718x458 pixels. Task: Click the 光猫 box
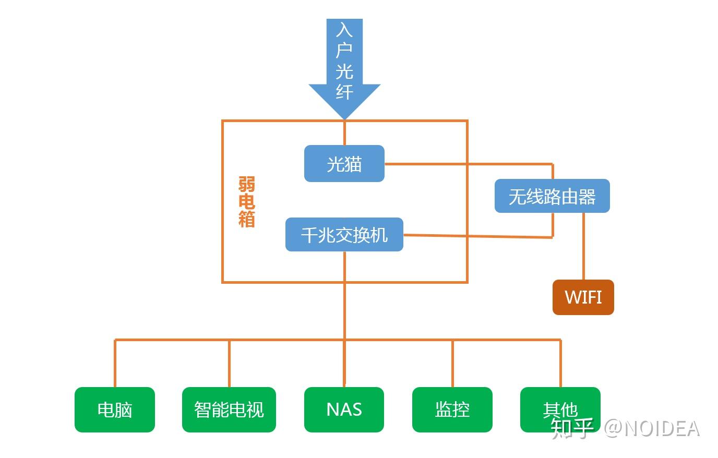(x=344, y=164)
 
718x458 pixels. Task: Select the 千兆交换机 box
(x=344, y=235)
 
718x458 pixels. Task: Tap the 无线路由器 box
(x=552, y=196)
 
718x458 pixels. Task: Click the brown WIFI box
(x=583, y=297)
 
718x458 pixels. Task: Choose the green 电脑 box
(x=114, y=409)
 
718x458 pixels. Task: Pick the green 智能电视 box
(x=229, y=409)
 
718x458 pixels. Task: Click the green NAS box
(x=344, y=409)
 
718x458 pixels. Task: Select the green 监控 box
(x=452, y=409)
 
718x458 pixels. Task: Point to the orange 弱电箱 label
(x=246, y=202)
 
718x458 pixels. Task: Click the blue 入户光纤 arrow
(x=344, y=68)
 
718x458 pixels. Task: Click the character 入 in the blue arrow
(x=344, y=30)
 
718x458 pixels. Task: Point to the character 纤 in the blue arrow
(x=344, y=92)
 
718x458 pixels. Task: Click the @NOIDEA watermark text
(x=652, y=429)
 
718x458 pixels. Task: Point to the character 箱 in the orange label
(x=246, y=219)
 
